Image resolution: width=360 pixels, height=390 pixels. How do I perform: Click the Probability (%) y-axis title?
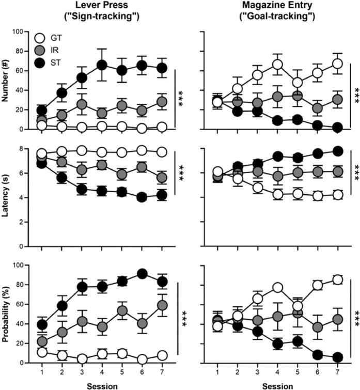tap(7, 314)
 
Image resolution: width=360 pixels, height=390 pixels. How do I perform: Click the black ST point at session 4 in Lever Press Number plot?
tap(102, 65)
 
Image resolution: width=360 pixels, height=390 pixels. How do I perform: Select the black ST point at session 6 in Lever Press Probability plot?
tap(142, 273)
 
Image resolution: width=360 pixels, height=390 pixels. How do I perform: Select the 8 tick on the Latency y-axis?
tap(23, 149)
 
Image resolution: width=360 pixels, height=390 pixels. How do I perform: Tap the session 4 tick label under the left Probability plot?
tap(102, 371)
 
